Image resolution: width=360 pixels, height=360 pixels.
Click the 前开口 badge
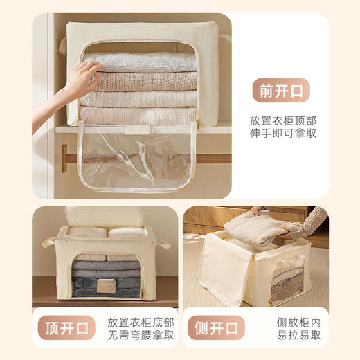(x=280, y=91)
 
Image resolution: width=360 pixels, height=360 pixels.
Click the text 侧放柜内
(x=296, y=321)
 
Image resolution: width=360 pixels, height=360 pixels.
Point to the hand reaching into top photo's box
(x=81, y=78)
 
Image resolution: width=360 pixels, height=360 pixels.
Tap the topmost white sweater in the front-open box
(x=137, y=62)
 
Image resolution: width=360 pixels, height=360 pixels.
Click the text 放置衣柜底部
(x=141, y=321)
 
